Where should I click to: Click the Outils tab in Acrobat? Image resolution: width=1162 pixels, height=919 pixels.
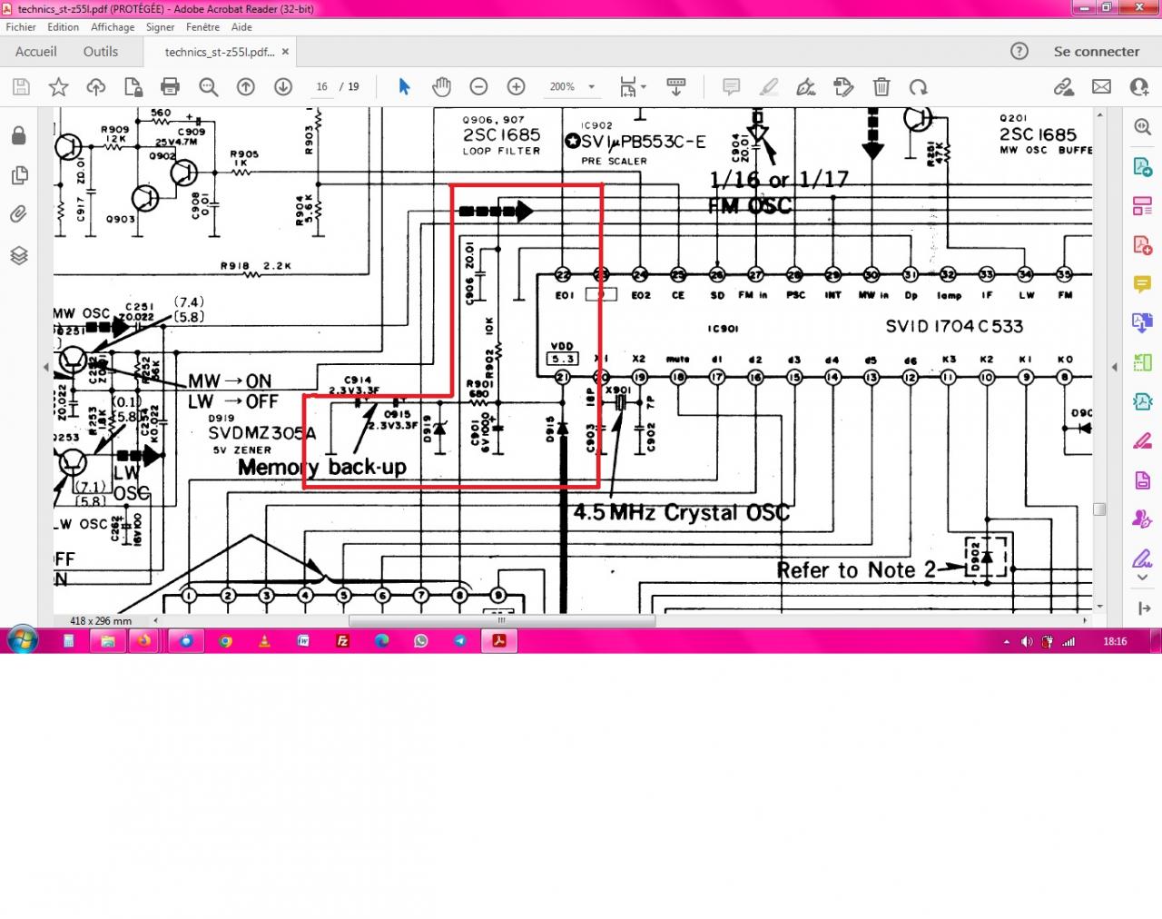tap(100, 52)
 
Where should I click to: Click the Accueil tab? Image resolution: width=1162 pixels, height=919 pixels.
tap(36, 52)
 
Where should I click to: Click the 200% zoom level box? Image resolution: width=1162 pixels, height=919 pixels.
tap(562, 87)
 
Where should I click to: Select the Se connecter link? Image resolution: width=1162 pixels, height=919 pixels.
tap(1096, 52)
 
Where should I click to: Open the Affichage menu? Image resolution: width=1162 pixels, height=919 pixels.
tap(113, 27)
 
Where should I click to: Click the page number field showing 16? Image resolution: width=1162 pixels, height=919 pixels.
tap(321, 87)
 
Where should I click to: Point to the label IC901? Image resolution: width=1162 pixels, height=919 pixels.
tap(723, 329)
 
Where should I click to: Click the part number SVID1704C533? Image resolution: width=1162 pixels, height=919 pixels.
tap(953, 326)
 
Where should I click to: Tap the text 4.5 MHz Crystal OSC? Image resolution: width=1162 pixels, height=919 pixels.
tap(681, 512)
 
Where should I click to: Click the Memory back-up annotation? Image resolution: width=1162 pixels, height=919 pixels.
tap(322, 468)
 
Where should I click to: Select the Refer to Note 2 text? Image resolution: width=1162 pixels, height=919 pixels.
tap(855, 570)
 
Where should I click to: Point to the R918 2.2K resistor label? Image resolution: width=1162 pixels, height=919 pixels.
tap(255, 266)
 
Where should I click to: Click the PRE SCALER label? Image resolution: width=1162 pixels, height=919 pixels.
tap(614, 162)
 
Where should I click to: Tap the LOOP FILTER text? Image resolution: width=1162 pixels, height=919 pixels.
tap(501, 152)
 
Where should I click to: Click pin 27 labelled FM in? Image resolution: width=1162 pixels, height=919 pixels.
tap(755, 275)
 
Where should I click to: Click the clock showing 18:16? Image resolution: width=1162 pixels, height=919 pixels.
tap(1115, 641)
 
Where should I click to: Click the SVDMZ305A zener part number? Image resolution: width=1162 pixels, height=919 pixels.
tap(262, 433)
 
